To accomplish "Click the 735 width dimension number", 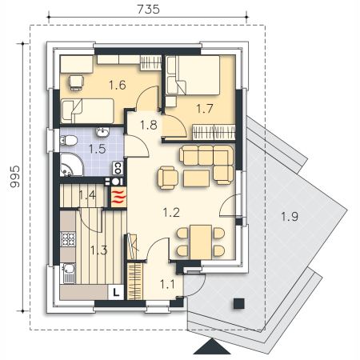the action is tap(148, 10).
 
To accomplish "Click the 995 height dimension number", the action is tap(15, 177).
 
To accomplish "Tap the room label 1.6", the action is tap(118, 85).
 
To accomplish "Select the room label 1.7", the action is tap(205, 109).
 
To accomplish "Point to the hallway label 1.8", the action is tap(149, 125).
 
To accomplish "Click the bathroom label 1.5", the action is tap(97, 149).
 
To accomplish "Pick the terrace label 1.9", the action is tap(290, 217).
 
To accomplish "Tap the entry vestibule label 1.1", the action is tap(167, 284).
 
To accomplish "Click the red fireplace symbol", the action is tap(118, 197).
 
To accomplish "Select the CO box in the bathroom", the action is tap(118, 168).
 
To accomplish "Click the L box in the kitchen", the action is tap(116, 292).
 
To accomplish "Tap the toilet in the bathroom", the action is tap(69, 140).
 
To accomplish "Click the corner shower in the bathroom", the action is tap(70, 165).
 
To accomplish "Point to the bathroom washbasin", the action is tap(102, 132).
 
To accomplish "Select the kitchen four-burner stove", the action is tap(68, 239).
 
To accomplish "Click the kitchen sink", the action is tap(69, 273).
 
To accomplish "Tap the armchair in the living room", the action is tap(168, 178).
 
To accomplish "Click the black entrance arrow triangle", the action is tap(212, 346).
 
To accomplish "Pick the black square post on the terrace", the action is tap(239, 303).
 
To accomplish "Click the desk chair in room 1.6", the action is tap(76, 82).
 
